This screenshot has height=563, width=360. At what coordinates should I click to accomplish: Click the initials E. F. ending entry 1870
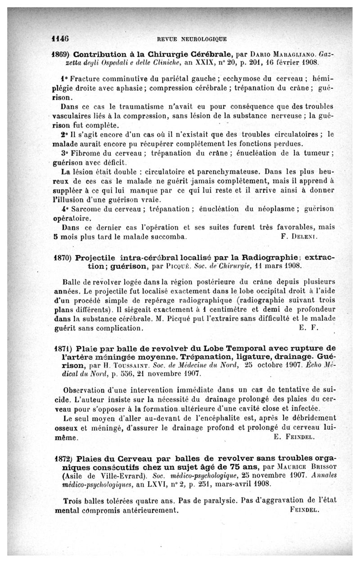(x=308, y=328)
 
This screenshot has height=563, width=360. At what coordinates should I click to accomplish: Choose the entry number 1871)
(x=62, y=348)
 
